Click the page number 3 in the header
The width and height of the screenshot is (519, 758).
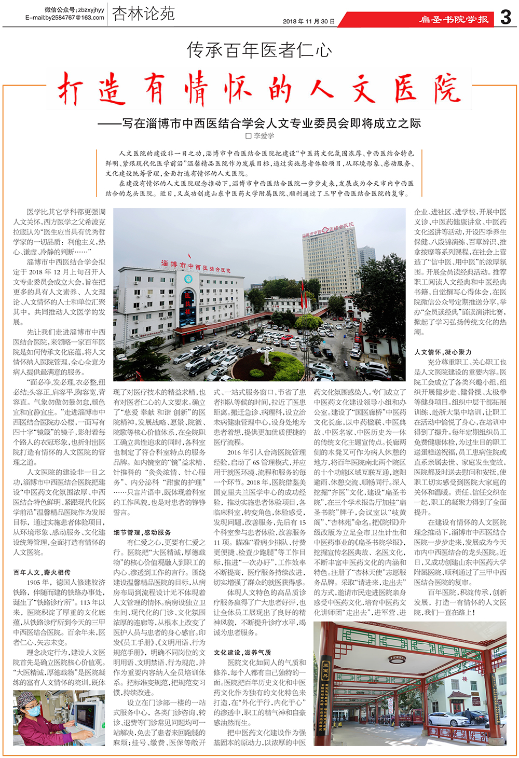[x=505, y=17]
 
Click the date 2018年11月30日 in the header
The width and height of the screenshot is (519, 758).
[x=309, y=21]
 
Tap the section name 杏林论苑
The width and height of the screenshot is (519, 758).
[x=143, y=14]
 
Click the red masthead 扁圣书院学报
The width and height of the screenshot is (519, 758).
[x=454, y=20]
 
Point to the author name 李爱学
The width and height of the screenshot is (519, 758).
[x=263, y=136]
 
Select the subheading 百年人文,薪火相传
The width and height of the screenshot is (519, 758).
[x=42, y=572]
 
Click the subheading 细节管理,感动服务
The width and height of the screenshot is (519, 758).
[x=142, y=532]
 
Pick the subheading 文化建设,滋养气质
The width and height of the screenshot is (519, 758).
[x=242, y=652]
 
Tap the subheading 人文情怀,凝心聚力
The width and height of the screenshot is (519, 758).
[x=443, y=352]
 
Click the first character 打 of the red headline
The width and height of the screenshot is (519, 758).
[x=71, y=89]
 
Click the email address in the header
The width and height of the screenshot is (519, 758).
[x=65, y=17]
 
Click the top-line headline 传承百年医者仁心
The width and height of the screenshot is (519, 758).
[x=259, y=50]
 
